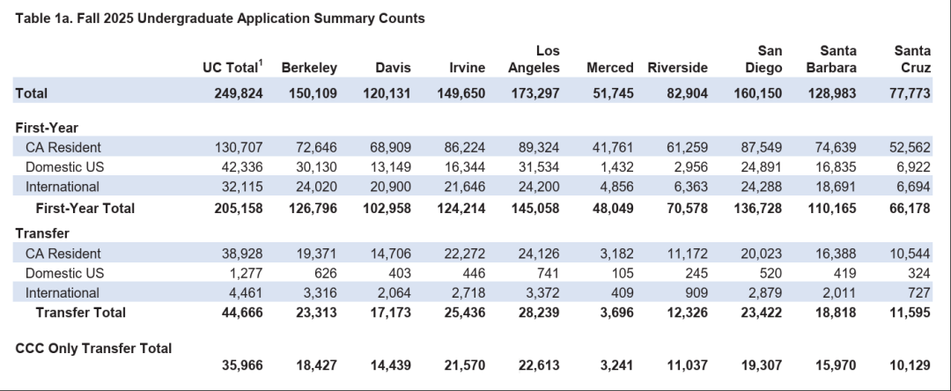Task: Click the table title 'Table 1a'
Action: point(41,18)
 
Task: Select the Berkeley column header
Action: point(309,68)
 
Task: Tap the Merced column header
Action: point(610,68)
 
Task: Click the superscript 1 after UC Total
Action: point(261,63)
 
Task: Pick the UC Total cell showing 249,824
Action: point(239,93)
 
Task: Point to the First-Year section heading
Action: point(47,128)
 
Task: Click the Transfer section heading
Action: point(42,233)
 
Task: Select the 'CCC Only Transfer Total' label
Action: point(93,349)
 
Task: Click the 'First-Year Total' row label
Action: point(85,209)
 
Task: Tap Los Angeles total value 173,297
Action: point(535,93)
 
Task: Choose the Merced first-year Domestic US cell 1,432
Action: point(616,167)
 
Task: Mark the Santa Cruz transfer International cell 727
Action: point(918,292)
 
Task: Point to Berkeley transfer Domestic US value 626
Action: point(326,273)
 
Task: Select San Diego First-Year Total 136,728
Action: point(757,209)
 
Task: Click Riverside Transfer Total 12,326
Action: point(687,313)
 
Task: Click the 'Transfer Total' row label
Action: point(81,313)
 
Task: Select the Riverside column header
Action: point(677,68)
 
